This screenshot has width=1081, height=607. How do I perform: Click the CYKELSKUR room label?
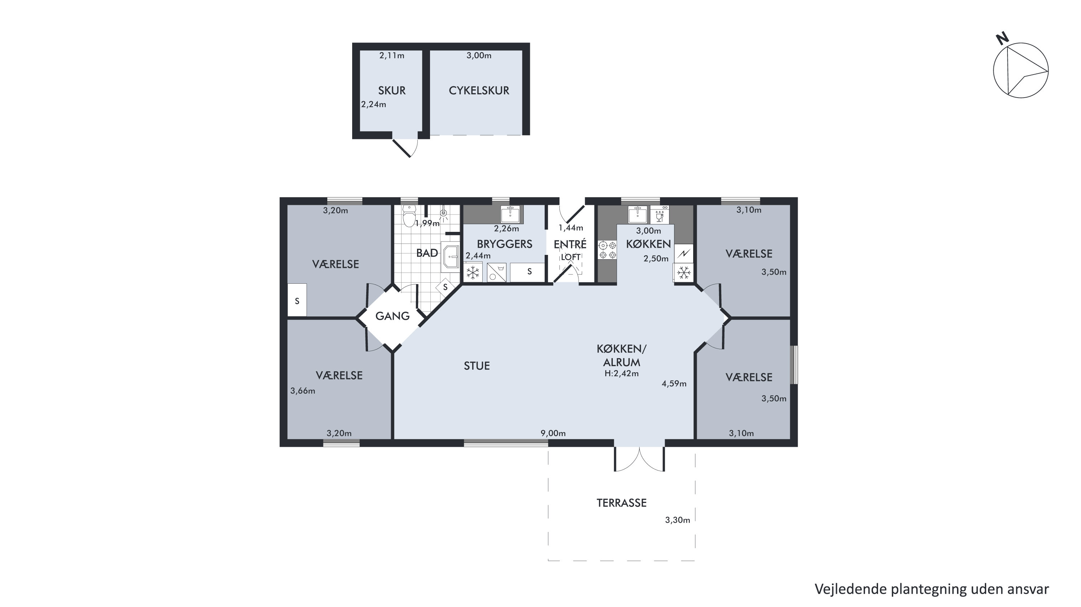click(479, 91)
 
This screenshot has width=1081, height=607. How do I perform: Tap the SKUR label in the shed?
click(392, 91)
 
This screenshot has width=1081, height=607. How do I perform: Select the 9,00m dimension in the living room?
click(553, 433)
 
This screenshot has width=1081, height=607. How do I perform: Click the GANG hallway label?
click(393, 316)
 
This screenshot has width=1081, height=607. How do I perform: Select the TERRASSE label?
click(621, 503)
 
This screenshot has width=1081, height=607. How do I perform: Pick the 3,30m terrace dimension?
click(677, 520)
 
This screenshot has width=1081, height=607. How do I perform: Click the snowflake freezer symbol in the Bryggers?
click(473, 273)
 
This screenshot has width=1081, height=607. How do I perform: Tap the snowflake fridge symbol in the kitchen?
click(684, 273)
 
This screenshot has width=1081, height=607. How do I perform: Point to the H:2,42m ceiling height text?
click(621, 373)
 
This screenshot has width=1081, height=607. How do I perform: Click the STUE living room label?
click(477, 366)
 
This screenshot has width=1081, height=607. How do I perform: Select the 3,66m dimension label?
click(302, 391)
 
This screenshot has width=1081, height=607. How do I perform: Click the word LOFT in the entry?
click(571, 257)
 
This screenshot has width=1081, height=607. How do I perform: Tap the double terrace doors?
click(639, 459)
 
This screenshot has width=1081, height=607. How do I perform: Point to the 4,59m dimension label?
click(674, 383)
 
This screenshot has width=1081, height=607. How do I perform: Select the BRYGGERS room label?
click(504, 244)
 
